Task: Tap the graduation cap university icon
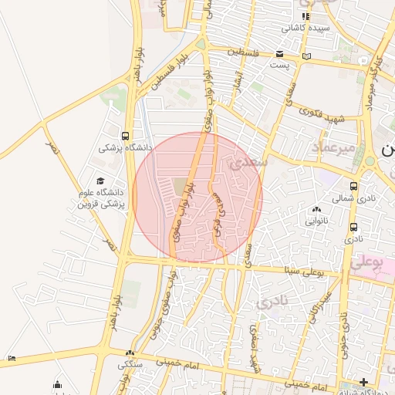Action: pos(100,181)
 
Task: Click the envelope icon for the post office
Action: pos(279,54)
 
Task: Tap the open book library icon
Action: pos(307,56)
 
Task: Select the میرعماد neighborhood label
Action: pos(333,146)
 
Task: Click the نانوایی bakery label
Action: pos(316,221)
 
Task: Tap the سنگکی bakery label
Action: pos(128,364)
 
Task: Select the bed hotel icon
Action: pos(11,358)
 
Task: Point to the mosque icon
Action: pos(57,384)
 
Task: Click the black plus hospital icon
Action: pos(363,382)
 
